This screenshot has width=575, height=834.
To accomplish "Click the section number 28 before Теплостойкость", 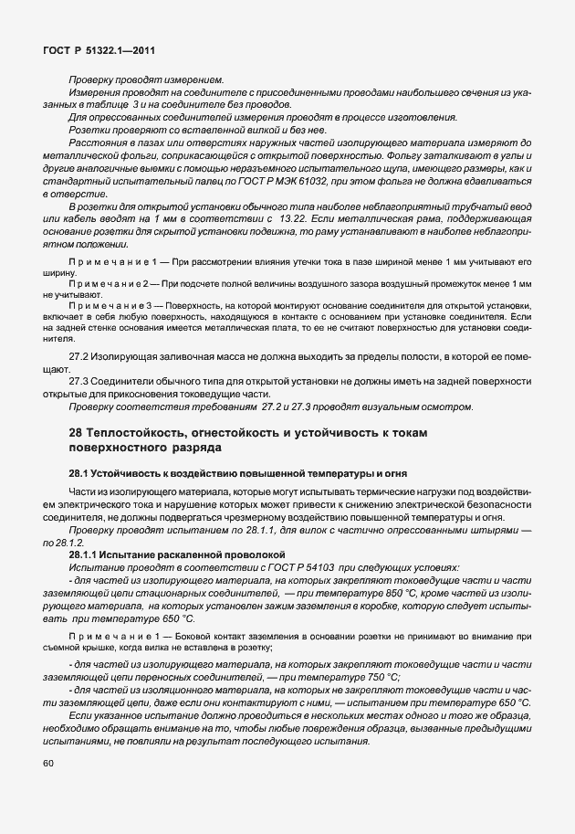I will (x=77, y=431).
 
